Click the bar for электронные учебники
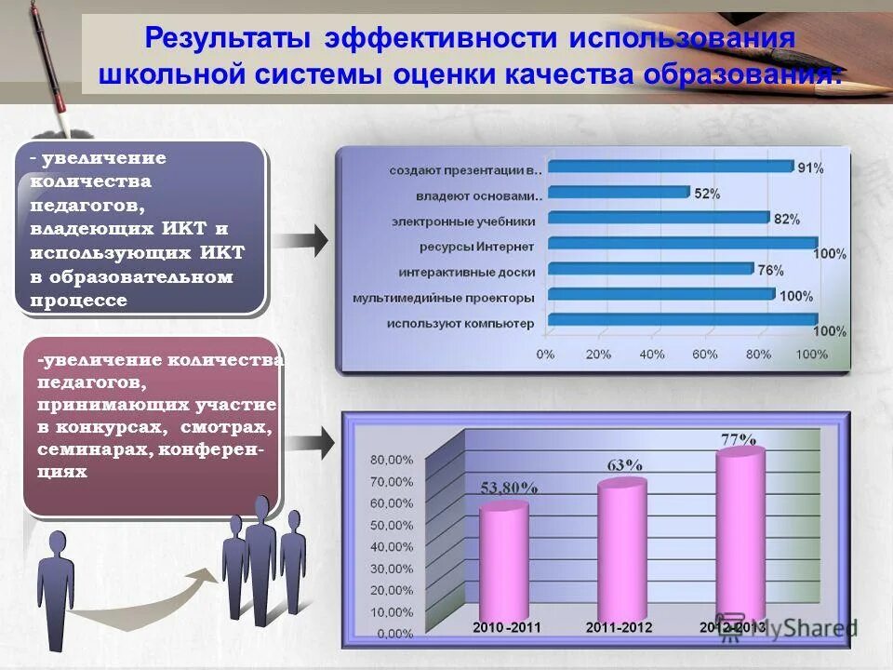tap(658, 219)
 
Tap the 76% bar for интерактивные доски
tap(649, 270)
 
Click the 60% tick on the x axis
tap(704, 354)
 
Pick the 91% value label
tap(809, 167)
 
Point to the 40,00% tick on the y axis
tap(392, 546)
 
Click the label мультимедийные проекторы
tap(443, 299)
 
